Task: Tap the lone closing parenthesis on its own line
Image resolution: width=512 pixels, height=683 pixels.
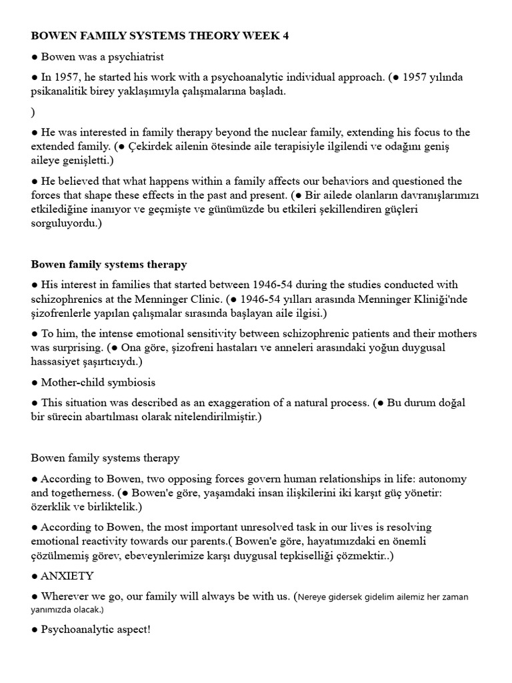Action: (33, 111)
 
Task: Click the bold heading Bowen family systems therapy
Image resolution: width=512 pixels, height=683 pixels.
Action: (109, 264)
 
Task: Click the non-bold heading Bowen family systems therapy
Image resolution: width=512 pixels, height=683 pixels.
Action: (105, 458)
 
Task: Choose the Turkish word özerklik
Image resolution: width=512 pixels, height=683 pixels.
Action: (53, 507)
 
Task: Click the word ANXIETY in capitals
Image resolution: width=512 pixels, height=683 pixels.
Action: (67, 576)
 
